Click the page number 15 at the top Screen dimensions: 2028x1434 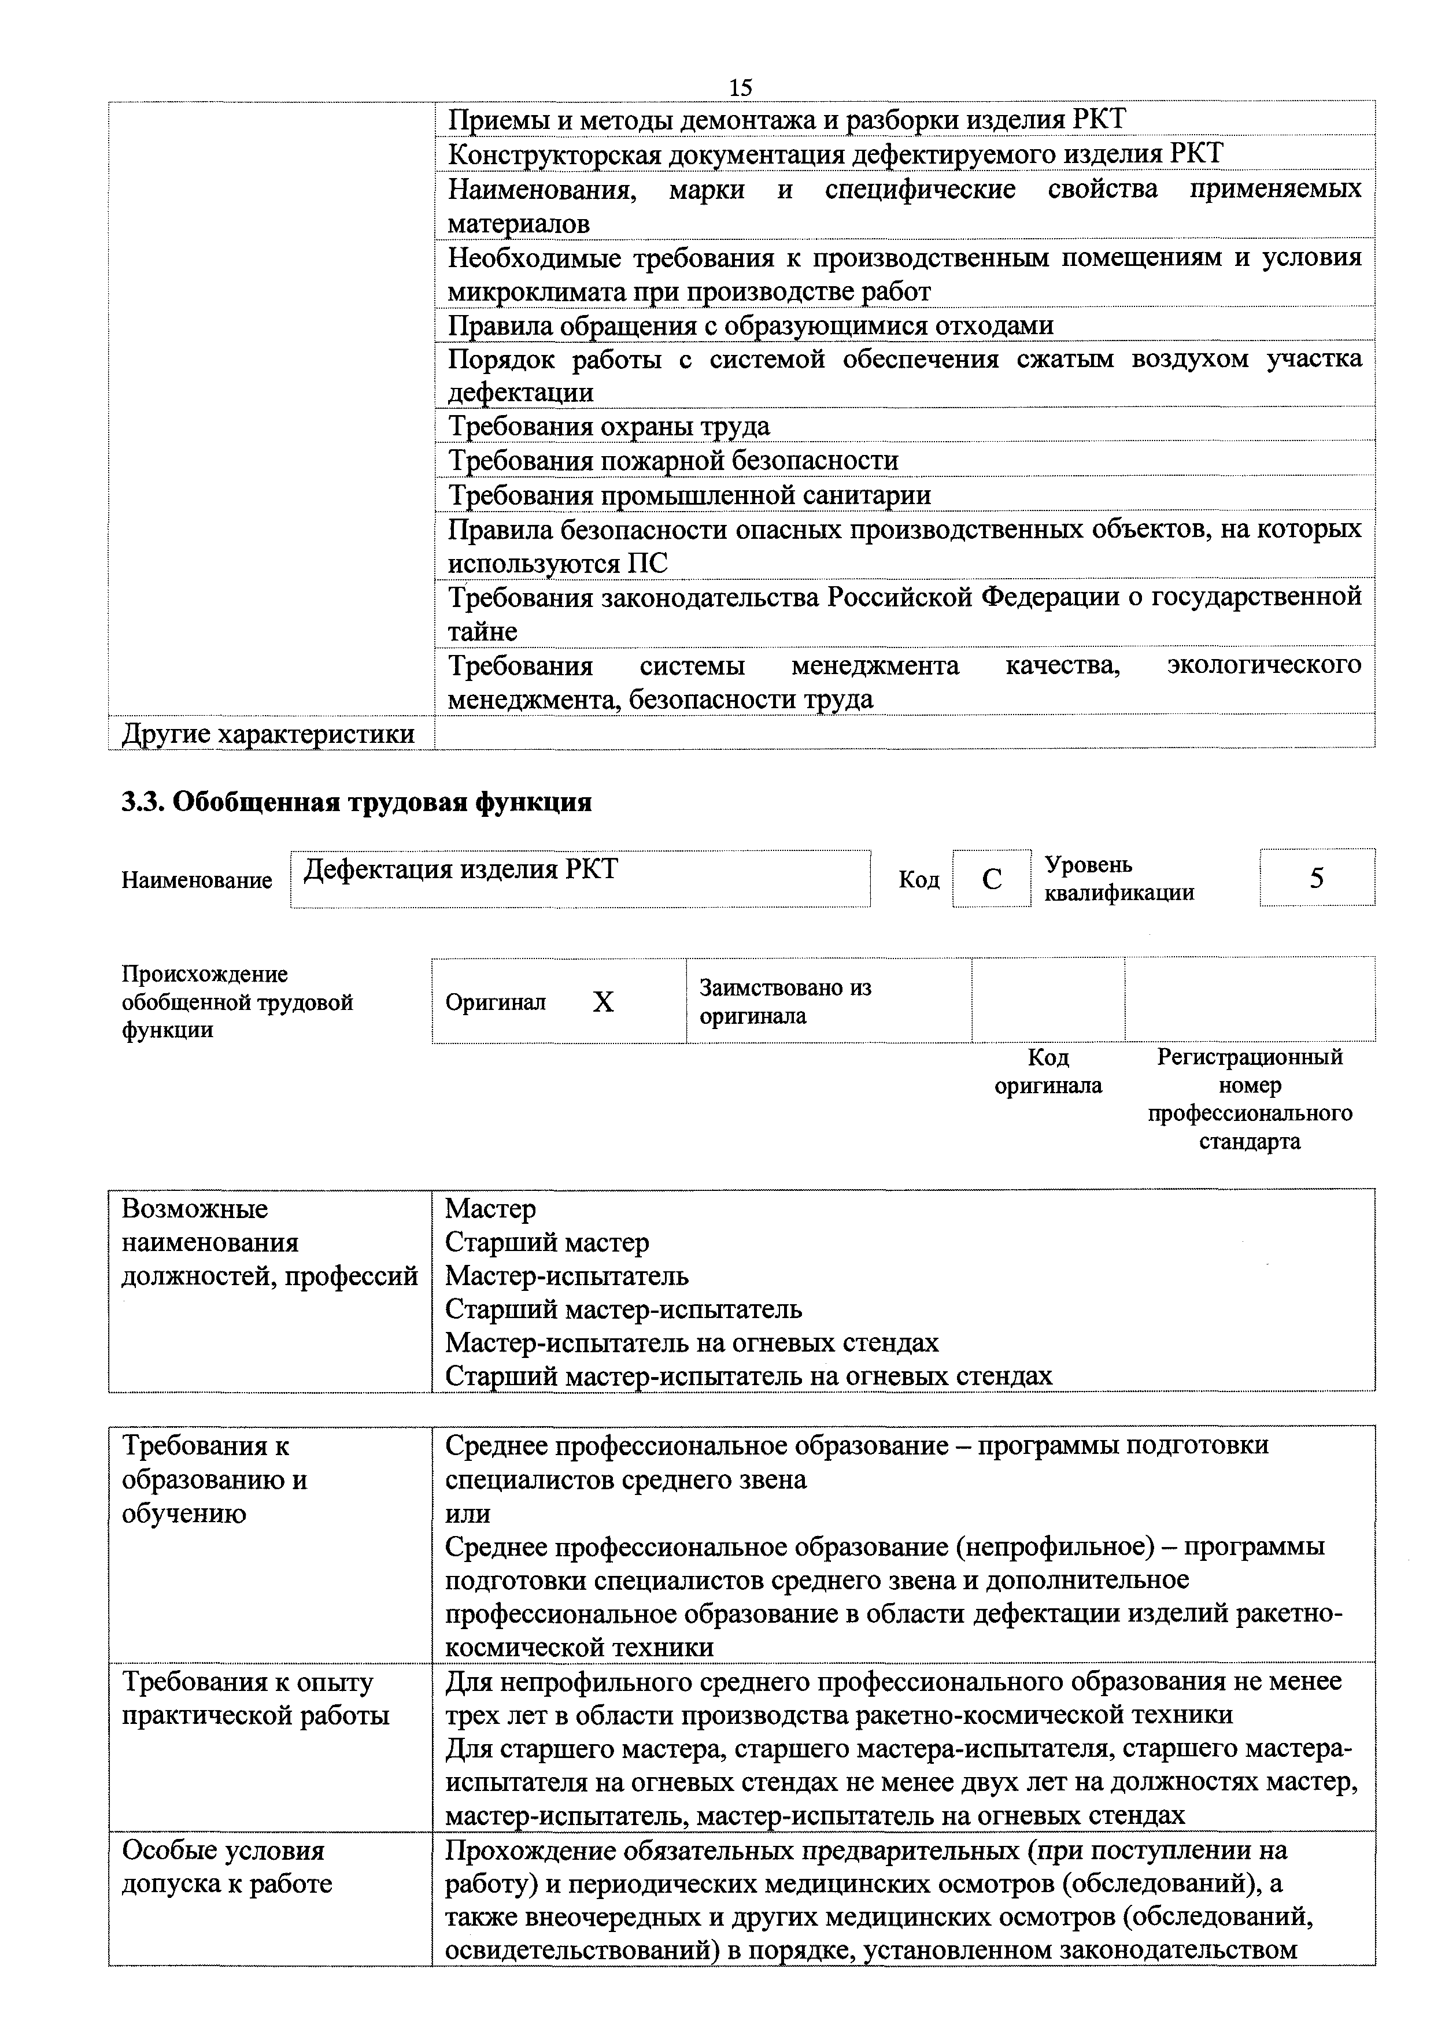pos(740,87)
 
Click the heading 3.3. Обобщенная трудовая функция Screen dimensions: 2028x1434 pos(356,802)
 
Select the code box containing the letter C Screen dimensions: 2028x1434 pos(991,879)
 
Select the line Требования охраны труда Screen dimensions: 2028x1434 pos(609,427)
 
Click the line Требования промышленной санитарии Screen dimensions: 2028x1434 pos(689,495)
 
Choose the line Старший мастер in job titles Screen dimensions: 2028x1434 pos(547,1242)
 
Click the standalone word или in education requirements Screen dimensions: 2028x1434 pos(467,1513)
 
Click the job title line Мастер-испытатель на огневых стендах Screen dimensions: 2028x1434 pos(692,1342)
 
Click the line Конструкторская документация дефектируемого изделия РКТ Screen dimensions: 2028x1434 pos(835,154)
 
